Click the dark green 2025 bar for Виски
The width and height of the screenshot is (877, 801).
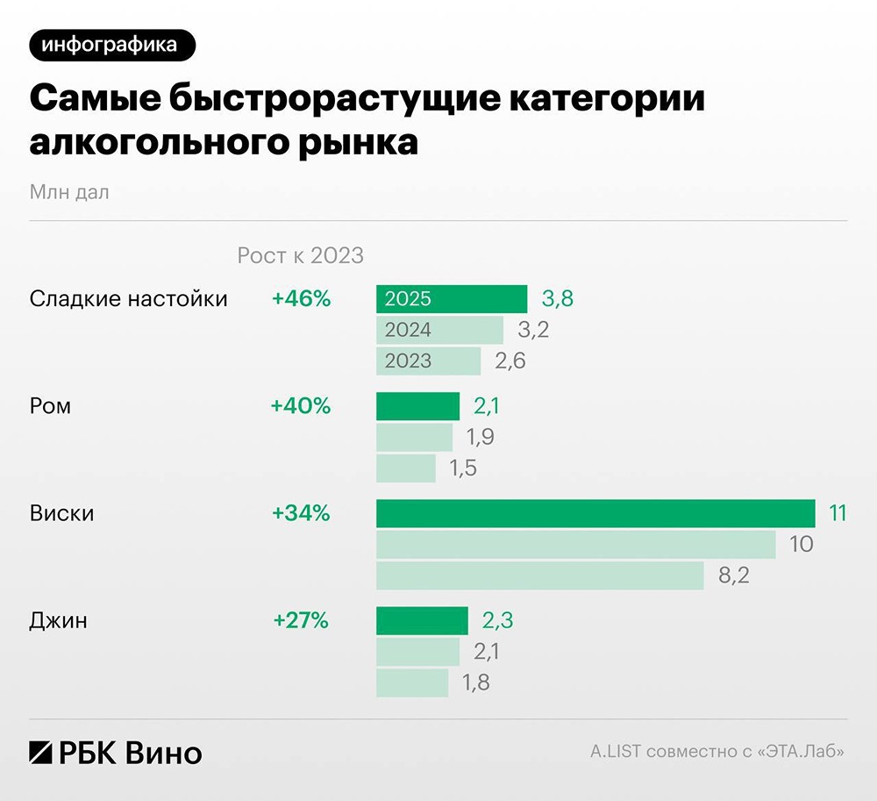[x=596, y=513]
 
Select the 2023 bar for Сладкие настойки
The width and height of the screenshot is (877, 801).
[x=428, y=361]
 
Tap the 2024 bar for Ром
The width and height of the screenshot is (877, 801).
[x=414, y=437]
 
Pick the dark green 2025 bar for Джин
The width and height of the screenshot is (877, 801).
[x=422, y=621]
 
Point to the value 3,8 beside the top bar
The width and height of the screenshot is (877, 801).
[x=558, y=299]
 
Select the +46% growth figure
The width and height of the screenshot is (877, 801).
[x=301, y=299]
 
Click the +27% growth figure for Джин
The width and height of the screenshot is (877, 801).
[x=301, y=621]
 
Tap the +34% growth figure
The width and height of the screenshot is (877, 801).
[x=301, y=513]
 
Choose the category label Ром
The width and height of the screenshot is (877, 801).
[x=50, y=407]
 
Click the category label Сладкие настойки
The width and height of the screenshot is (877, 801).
[x=128, y=299]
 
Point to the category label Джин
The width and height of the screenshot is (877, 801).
[x=59, y=621]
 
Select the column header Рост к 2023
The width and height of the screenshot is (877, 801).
[x=300, y=255]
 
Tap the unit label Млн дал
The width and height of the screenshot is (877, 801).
[x=69, y=191]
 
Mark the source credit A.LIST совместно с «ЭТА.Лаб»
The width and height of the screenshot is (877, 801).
[x=717, y=752]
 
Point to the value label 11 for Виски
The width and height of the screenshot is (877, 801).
[x=838, y=513]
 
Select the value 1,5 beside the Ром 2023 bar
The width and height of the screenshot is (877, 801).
[x=463, y=468]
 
